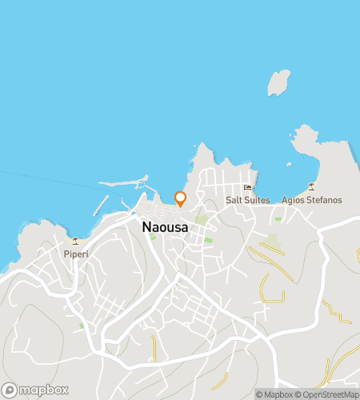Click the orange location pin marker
(180, 198)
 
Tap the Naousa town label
(165, 227)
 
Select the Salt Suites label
(247, 200)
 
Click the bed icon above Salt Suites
(247, 188)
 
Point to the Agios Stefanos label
(312, 200)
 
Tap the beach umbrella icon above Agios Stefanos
(313, 188)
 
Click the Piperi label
(76, 254)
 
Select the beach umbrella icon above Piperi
(76, 242)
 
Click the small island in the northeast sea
(278, 82)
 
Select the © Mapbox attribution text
(274, 394)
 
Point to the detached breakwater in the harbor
(100, 206)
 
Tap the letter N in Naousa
(146, 227)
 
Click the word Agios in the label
(293, 200)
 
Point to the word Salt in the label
(233, 200)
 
